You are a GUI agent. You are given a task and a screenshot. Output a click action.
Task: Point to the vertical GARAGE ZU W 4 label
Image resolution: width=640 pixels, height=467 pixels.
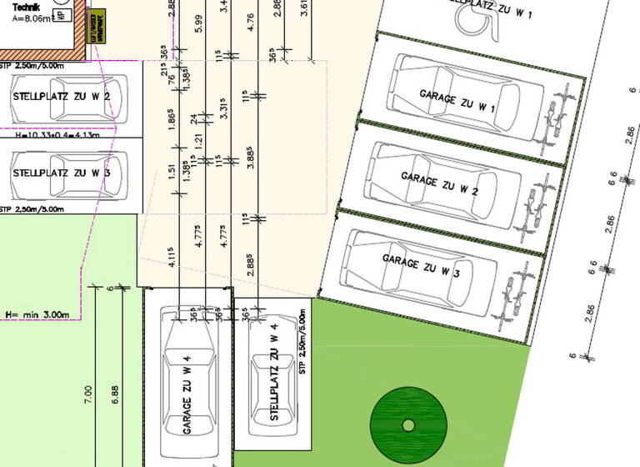tap(187, 394)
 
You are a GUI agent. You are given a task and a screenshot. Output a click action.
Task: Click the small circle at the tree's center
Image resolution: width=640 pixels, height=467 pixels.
tap(408, 425)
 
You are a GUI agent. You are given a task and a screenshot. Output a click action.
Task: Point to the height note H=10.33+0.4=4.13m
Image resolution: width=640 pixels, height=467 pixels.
tap(57, 133)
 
